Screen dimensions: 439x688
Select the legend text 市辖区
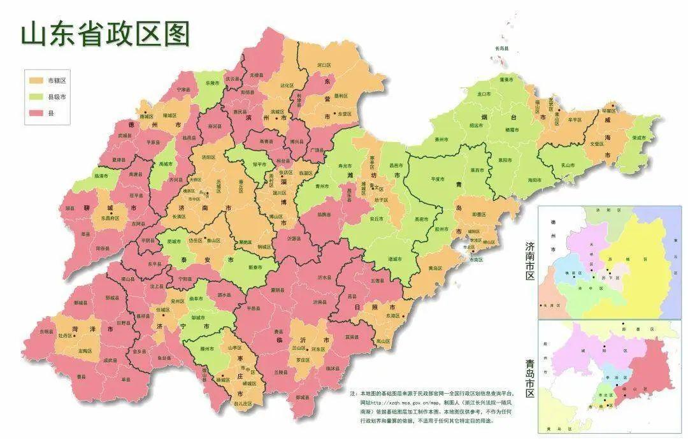click(57, 81)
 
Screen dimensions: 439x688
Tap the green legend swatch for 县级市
click(35, 97)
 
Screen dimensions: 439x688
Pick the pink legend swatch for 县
click(35, 113)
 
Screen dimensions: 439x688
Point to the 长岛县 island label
click(503, 48)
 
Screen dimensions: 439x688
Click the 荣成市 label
click(638, 138)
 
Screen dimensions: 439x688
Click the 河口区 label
click(324, 65)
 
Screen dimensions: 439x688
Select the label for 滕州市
click(206, 349)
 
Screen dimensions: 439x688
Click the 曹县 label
click(81, 377)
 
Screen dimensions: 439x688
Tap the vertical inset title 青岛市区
click(529, 377)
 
